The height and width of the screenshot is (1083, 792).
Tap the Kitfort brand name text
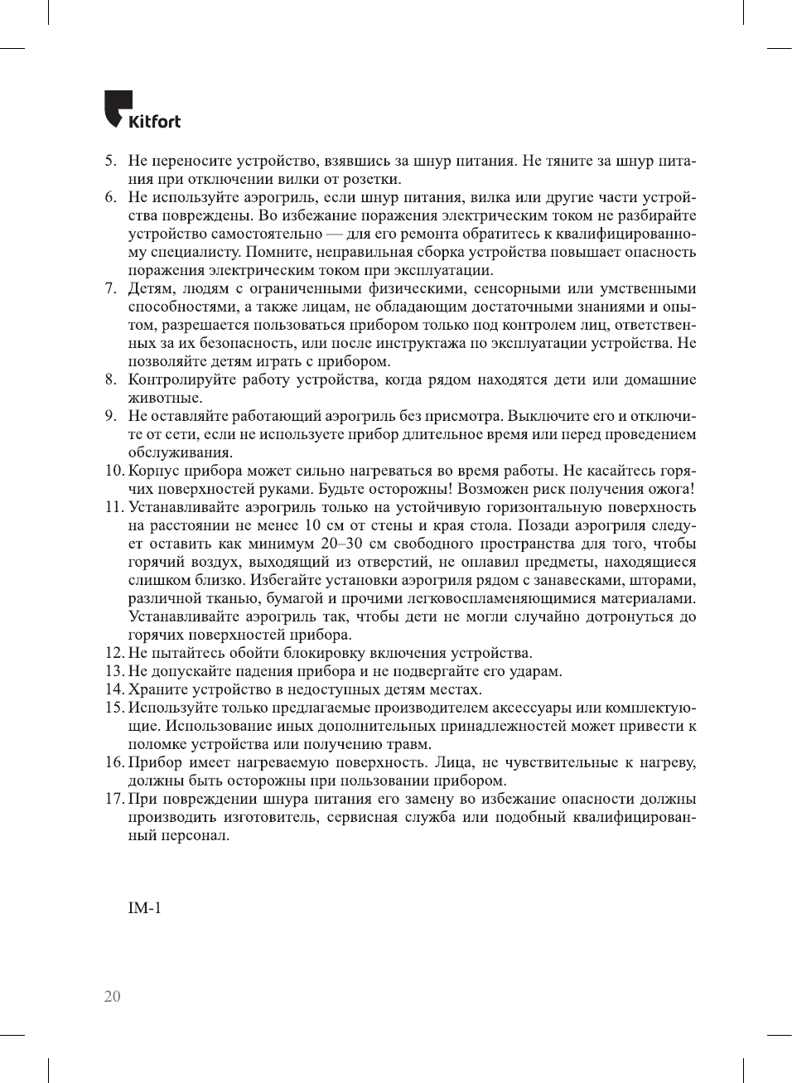(155, 122)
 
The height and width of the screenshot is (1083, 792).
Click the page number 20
(112, 997)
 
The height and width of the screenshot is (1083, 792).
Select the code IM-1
(145, 908)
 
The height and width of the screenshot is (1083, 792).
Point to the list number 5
(110, 161)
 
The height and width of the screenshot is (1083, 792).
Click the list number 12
(113, 653)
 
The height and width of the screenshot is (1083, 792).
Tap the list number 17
(113, 799)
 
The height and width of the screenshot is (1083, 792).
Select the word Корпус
(152, 471)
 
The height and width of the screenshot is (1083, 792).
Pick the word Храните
(157, 689)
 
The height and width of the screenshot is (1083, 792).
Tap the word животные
(165, 398)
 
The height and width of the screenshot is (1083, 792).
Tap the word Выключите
(543, 416)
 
